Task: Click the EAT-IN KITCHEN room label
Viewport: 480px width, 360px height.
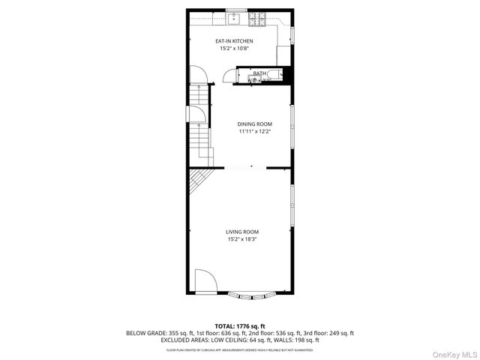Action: coord(235,40)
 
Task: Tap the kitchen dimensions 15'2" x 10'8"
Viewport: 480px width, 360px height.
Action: coord(235,48)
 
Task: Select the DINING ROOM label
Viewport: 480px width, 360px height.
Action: coord(254,124)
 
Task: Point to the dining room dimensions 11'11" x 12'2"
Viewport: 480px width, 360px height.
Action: coord(254,131)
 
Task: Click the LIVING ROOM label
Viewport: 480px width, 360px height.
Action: coord(241,232)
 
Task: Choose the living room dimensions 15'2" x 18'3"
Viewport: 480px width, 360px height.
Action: coord(241,239)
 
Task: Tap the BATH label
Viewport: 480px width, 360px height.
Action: coord(259,73)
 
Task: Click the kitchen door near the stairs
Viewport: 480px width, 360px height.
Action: coord(196,76)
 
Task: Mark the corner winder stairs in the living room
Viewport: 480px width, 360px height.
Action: coord(197,181)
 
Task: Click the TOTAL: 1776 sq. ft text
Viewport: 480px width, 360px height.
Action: coord(239,325)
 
